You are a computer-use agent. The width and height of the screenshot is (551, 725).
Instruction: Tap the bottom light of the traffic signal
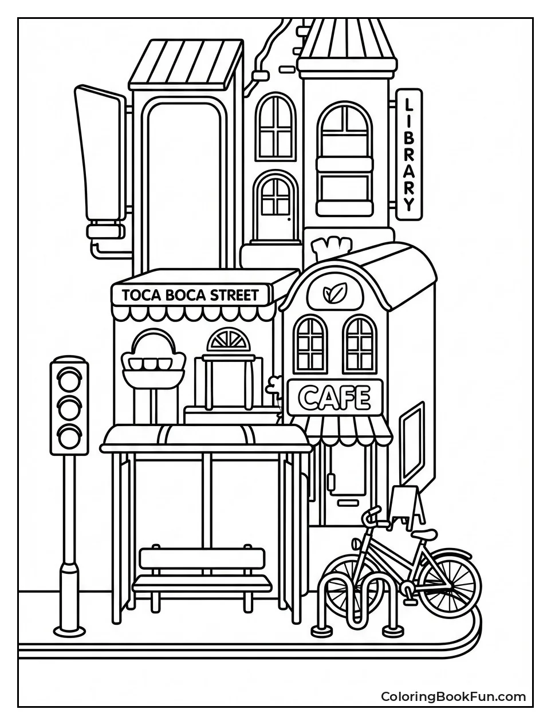[69, 436]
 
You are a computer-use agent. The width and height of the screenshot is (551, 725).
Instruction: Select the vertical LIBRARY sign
[408, 154]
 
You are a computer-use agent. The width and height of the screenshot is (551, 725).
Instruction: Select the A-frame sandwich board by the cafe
[407, 504]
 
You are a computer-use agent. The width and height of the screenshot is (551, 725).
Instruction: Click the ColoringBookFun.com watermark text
[453, 696]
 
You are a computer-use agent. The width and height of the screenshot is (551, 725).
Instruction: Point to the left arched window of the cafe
[310, 344]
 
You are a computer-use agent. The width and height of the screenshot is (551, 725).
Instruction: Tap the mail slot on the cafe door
[345, 502]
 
